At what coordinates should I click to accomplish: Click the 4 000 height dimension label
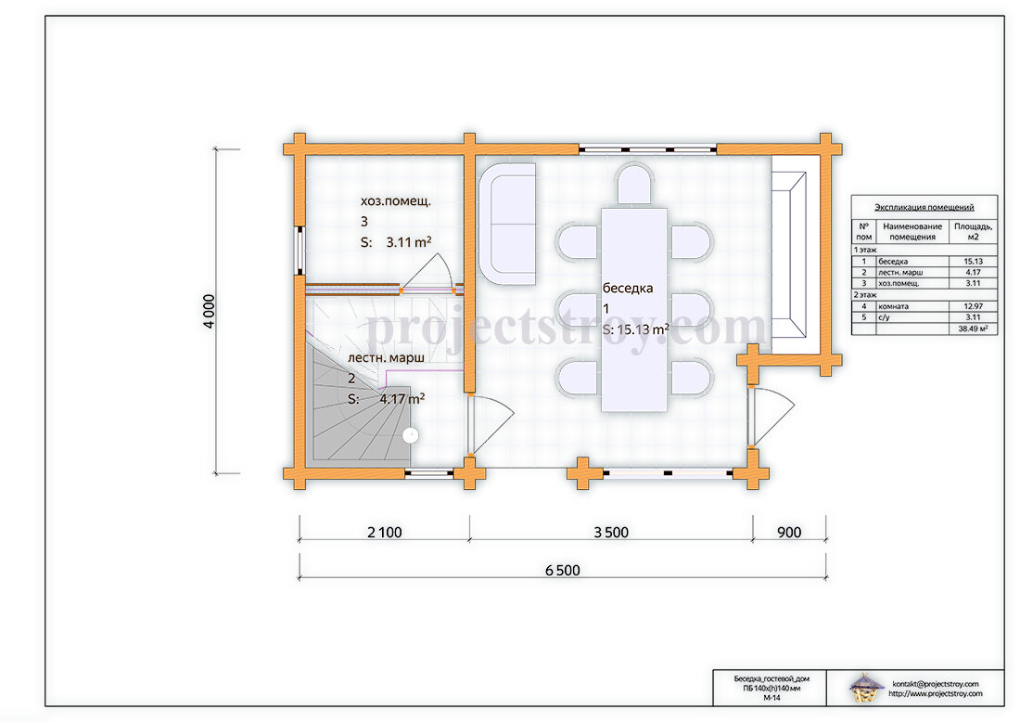pyautogui.click(x=209, y=311)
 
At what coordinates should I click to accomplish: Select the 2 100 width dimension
pyautogui.click(x=385, y=533)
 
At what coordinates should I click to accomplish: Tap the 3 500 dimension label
pyautogui.click(x=611, y=533)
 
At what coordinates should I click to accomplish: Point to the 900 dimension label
pyautogui.click(x=788, y=533)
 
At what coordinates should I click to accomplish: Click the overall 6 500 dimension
pyautogui.click(x=563, y=571)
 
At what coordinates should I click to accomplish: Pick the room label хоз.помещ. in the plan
pyautogui.click(x=396, y=201)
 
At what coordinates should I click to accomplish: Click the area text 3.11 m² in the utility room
pyautogui.click(x=409, y=242)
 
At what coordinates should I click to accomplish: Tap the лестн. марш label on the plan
pyautogui.click(x=386, y=358)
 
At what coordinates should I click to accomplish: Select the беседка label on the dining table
pyautogui.click(x=627, y=289)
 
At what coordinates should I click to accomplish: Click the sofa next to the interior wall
pyautogui.click(x=507, y=224)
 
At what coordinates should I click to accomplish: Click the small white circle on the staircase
pyautogui.click(x=410, y=435)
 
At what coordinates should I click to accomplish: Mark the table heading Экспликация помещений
pyautogui.click(x=924, y=208)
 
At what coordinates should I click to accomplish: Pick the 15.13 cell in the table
pyautogui.click(x=973, y=261)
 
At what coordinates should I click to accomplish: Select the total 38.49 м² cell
pyautogui.click(x=973, y=329)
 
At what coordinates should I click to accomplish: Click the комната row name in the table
pyautogui.click(x=893, y=306)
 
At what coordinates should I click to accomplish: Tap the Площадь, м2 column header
pyautogui.click(x=973, y=232)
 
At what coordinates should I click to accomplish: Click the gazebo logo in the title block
pyautogui.click(x=866, y=689)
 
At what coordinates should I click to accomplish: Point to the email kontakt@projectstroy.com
pyautogui.click(x=936, y=684)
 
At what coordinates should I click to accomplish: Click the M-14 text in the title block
pyautogui.click(x=771, y=697)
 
